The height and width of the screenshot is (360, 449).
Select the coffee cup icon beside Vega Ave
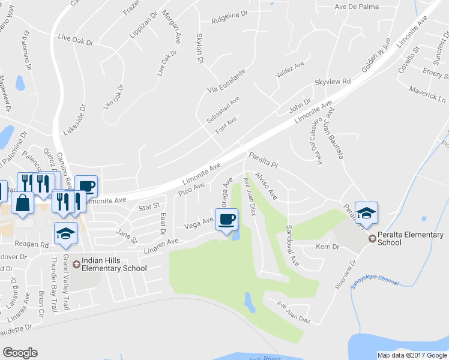pyautogui.click(x=226, y=220)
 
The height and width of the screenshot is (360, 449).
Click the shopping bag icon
pyautogui.click(x=22, y=202)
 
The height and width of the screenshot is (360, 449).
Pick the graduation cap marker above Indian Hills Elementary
pyautogui.click(x=65, y=234)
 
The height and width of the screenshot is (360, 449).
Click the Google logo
pyautogui.click(x=20, y=352)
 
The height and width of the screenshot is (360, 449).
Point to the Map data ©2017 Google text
pyautogui.click(x=411, y=355)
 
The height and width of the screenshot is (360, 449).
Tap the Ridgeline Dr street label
pyautogui.click(x=230, y=19)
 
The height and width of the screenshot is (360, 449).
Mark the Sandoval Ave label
pyautogui.click(x=292, y=247)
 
